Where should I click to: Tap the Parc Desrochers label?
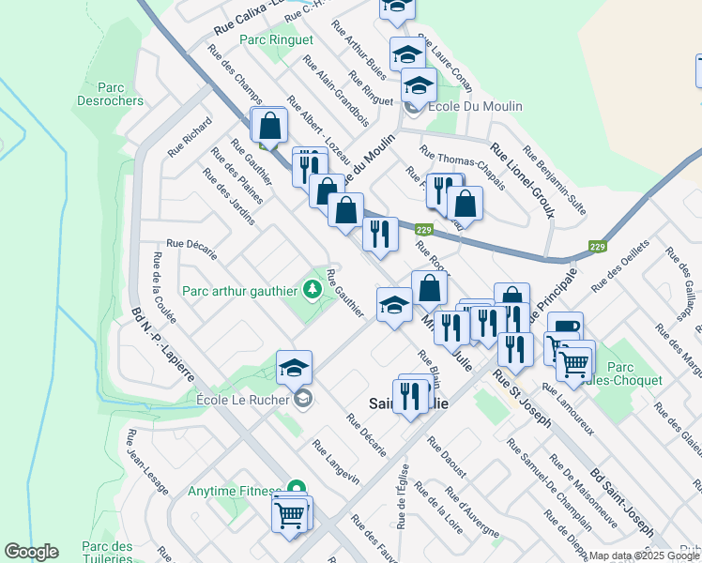110,94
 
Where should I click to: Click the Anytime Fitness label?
234,491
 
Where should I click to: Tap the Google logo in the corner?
31,552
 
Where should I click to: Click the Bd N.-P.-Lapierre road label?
163,343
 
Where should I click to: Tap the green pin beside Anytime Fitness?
297,489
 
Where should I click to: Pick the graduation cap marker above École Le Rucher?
294,368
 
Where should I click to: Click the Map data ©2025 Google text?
644,556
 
